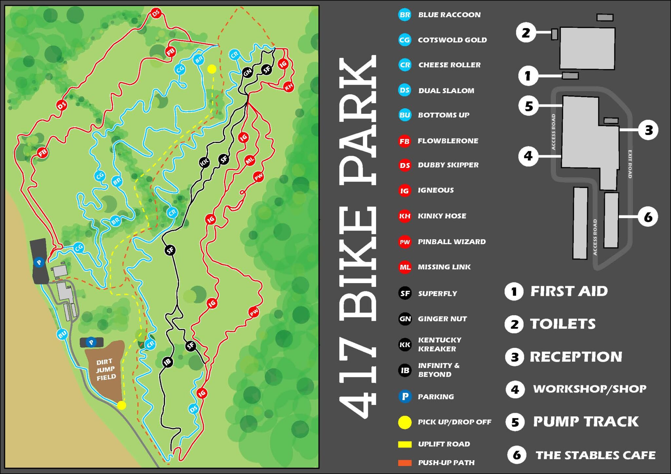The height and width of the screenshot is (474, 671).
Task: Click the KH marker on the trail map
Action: (x=289, y=87)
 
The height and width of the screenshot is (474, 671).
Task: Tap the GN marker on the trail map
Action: (x=248, y=72)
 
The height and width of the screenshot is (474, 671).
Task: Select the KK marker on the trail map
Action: (x=204, y=162)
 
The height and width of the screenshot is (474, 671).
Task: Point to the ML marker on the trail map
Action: (x=250, y=160)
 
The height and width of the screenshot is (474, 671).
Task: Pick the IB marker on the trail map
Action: (x=168, y=362)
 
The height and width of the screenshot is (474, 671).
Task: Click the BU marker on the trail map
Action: (x=62, y=334)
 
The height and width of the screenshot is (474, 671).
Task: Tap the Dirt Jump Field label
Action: (x=106, y=370)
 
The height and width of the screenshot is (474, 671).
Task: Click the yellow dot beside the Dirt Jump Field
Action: (x=122, y=405)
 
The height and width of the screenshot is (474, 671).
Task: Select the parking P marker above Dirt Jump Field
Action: (x=91, y=342)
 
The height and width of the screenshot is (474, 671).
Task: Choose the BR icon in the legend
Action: (x=405, y=15)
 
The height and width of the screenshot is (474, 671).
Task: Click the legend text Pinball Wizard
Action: (x=451, y=242)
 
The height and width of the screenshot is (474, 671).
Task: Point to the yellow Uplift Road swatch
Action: (x=405, y=444)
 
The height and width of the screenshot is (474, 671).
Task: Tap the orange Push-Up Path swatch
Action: (x=405, y=463)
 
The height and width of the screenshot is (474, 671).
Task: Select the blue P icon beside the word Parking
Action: (x=405, y=396)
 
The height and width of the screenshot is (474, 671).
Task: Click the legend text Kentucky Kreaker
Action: (x=439, y=344)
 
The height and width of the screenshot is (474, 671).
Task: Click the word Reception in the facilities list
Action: (x=576, y=356)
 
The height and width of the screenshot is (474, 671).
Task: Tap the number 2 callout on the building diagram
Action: (x=526, y=33)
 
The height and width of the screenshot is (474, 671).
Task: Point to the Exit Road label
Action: (x=630, y=164)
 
